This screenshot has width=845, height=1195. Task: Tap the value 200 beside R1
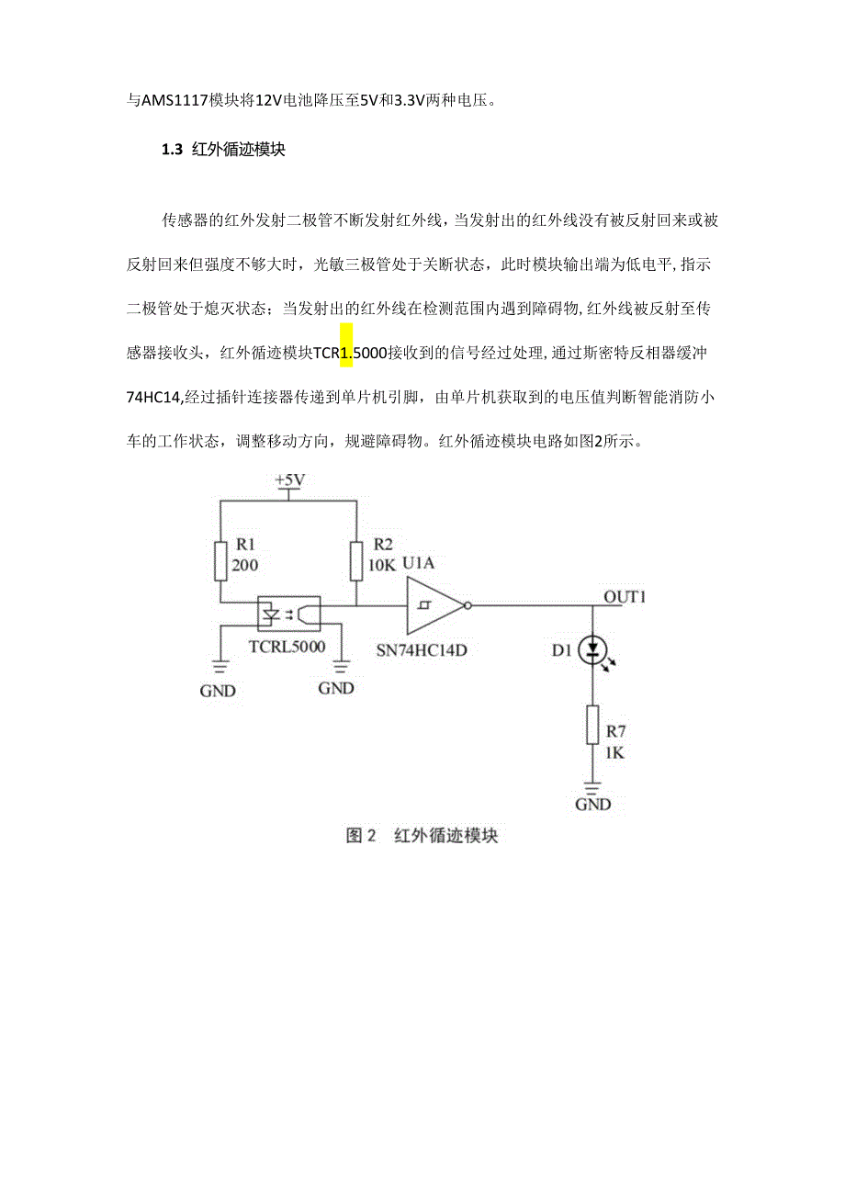(x=244, y=565)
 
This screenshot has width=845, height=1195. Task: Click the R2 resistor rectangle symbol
(x=356, y=558)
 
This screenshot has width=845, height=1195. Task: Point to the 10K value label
(x=381, y=565)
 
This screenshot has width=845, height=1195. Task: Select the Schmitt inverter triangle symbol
(x=434, y=605)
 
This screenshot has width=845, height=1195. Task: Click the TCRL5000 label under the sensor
(x=287, y=646)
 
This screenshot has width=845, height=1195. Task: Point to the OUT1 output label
(x=625, y=597)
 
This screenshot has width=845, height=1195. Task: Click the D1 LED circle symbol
(x=593, y=650)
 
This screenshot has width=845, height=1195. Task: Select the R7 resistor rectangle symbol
(x=593, y=726)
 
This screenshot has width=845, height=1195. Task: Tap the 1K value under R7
(x=616, y=753)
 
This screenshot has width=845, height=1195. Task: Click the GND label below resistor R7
(x=593, y=805)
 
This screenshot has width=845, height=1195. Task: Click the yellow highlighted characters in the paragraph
(x=346, y=354)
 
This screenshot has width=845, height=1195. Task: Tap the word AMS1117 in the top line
(x=171, y=101)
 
